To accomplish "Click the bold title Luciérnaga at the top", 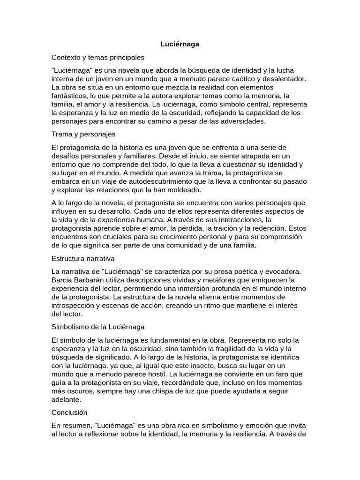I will point(180,44).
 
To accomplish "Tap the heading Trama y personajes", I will point(83,134).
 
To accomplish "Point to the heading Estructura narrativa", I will point(83,258).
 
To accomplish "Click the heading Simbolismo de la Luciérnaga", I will point(98,326).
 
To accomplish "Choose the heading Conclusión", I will point(69,412).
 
